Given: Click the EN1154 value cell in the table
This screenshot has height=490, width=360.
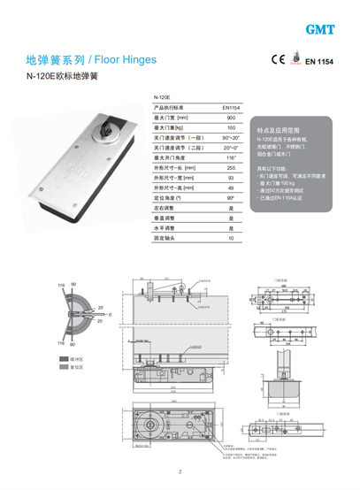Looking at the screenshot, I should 231,107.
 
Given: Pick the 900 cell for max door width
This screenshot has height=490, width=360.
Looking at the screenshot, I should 231,118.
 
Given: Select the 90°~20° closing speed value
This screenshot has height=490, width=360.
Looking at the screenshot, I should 231,138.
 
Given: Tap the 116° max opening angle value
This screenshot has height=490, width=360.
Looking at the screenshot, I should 231,157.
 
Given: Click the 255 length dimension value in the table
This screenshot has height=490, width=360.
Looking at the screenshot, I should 231,168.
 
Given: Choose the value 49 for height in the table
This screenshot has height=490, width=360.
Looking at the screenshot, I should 231,188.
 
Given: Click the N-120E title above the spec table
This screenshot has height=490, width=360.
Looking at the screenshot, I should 162,96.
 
